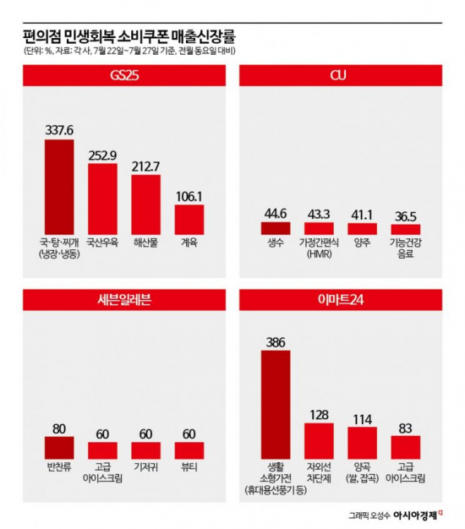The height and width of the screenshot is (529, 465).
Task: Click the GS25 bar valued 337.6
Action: pyautogui.click(x=59, y=187)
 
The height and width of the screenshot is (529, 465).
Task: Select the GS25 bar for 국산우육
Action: pyautogui.click(x=103, y=199)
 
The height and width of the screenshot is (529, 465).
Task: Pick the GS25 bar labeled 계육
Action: pyautogui.click(x=189, y=219)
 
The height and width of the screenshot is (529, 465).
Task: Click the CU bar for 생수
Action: pyautogui.click(x=276, y=227)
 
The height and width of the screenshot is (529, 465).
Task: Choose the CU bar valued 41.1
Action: pyautogui.click(x=363, y=228)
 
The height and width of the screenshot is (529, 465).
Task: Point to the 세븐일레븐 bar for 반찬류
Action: pyautogui.click(x=59, y=447)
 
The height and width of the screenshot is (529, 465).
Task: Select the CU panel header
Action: pyautogui.click(x=341, y=77)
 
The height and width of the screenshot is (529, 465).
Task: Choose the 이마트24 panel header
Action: pyautogui.click(x=341, y=298)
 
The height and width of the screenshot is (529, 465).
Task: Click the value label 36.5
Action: pyautogui.click(x=406, y=215)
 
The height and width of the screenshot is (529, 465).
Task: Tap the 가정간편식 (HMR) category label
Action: pyautogui.click(x=320, y=249)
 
